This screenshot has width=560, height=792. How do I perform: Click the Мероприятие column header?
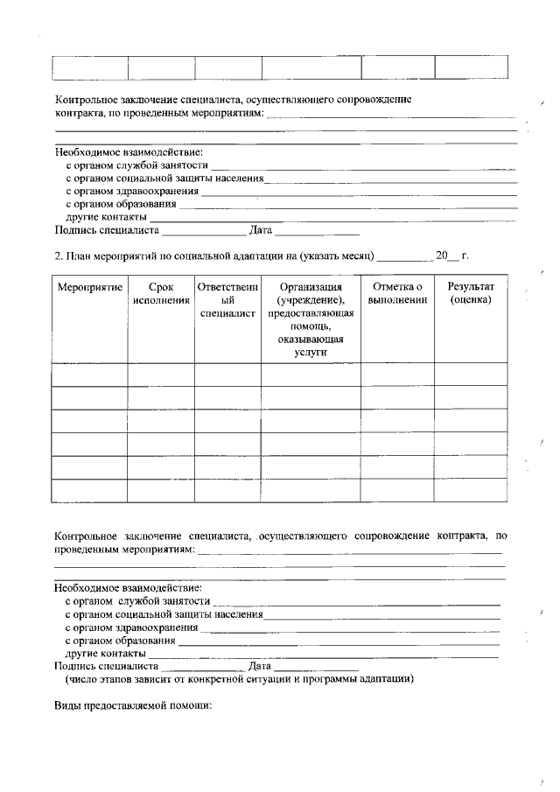(89, 288)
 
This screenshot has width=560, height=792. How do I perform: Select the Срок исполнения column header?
(161, 294)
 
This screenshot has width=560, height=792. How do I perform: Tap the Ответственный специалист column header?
(227, 300)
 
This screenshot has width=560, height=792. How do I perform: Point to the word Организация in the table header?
(311, 288)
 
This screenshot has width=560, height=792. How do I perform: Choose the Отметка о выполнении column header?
(397, 294)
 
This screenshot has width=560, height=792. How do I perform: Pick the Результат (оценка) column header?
(471, 294)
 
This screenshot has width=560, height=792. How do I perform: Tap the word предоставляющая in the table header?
(311, 313)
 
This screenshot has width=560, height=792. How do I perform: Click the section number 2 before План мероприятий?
(58, 256)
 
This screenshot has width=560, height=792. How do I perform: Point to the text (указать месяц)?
(338, 256)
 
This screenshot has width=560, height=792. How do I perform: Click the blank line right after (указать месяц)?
(404, 257)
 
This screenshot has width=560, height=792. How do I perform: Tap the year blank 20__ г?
(452, 256)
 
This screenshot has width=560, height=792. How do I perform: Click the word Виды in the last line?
(66, 705)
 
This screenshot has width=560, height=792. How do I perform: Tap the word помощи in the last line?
(190, 705)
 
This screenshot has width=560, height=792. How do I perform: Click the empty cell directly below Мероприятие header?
(89, 375)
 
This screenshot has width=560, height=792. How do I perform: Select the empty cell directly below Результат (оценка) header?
(471, 375)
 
